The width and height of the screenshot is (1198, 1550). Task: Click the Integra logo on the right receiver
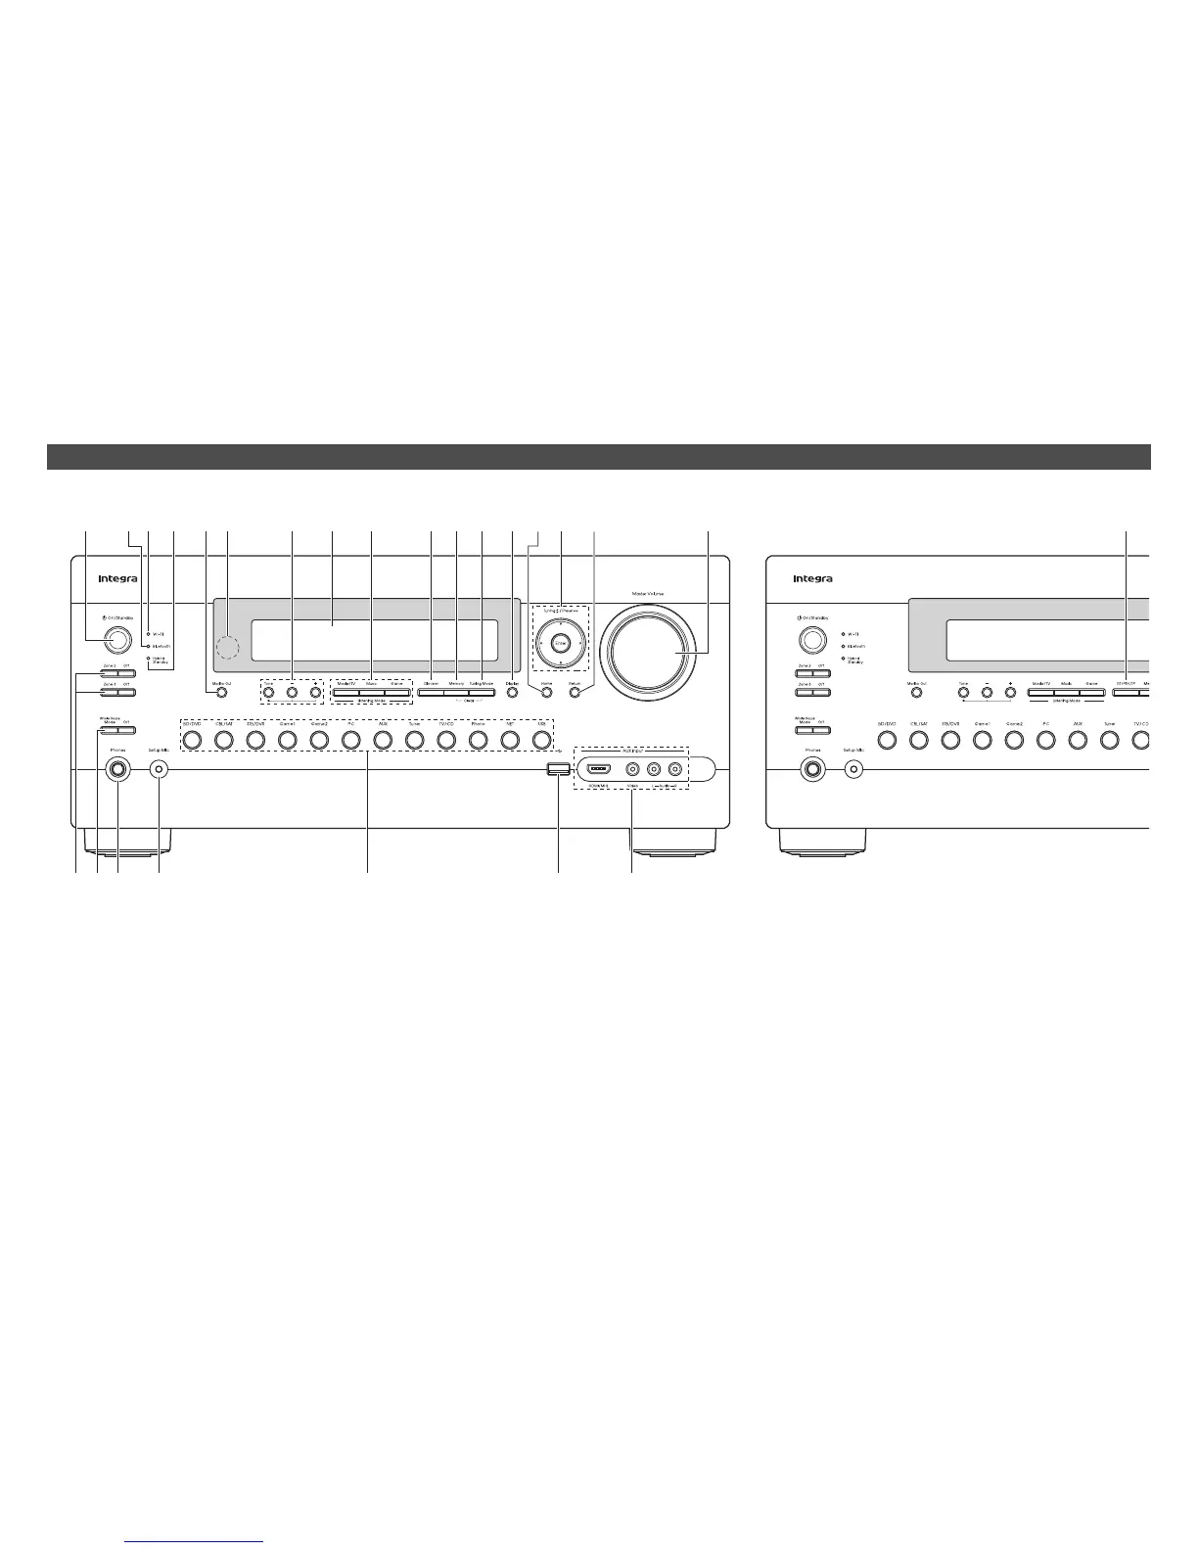tap(813, 578)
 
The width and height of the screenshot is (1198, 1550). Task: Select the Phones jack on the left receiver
tap(117, 769)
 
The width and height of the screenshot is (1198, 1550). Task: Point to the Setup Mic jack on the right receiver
tap(854, 769)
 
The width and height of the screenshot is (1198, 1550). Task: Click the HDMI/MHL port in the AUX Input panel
tap(599, 769)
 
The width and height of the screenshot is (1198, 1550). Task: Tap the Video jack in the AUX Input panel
tap(633, 769)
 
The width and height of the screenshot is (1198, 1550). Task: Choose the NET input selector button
tap(509, 741)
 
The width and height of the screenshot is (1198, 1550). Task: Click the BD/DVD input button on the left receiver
tap(192, 741)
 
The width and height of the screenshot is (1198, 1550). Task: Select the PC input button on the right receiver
tap(1045, 741)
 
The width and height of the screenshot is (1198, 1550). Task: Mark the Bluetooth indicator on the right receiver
tap(843, 646)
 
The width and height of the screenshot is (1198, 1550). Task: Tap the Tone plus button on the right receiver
tap(1010, 693)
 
